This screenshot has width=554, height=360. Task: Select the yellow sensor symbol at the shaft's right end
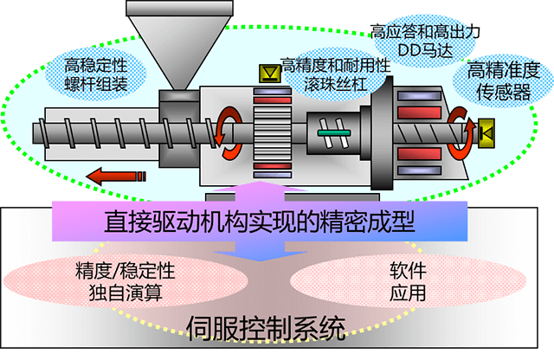coord(486,132)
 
